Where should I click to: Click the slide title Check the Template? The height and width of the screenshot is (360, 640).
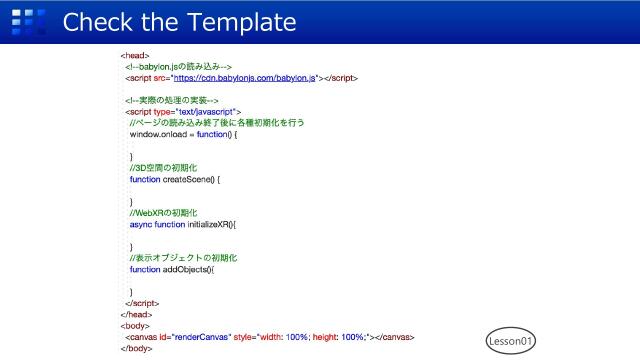(180, 21)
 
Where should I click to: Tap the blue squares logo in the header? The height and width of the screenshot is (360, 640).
(35, 21)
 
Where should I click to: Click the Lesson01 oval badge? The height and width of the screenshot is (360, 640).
(512, 341)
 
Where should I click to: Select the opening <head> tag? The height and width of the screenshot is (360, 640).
(135, 55)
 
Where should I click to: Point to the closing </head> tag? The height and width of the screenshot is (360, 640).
(137, 314)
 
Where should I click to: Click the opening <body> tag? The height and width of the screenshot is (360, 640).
(135, 326)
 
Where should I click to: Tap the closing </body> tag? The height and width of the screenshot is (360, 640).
(137, 349)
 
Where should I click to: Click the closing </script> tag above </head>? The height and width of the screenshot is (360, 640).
(143, 303)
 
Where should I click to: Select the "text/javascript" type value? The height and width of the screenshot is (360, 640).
(205, 111)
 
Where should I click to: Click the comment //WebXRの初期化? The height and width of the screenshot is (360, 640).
(164, 213)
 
